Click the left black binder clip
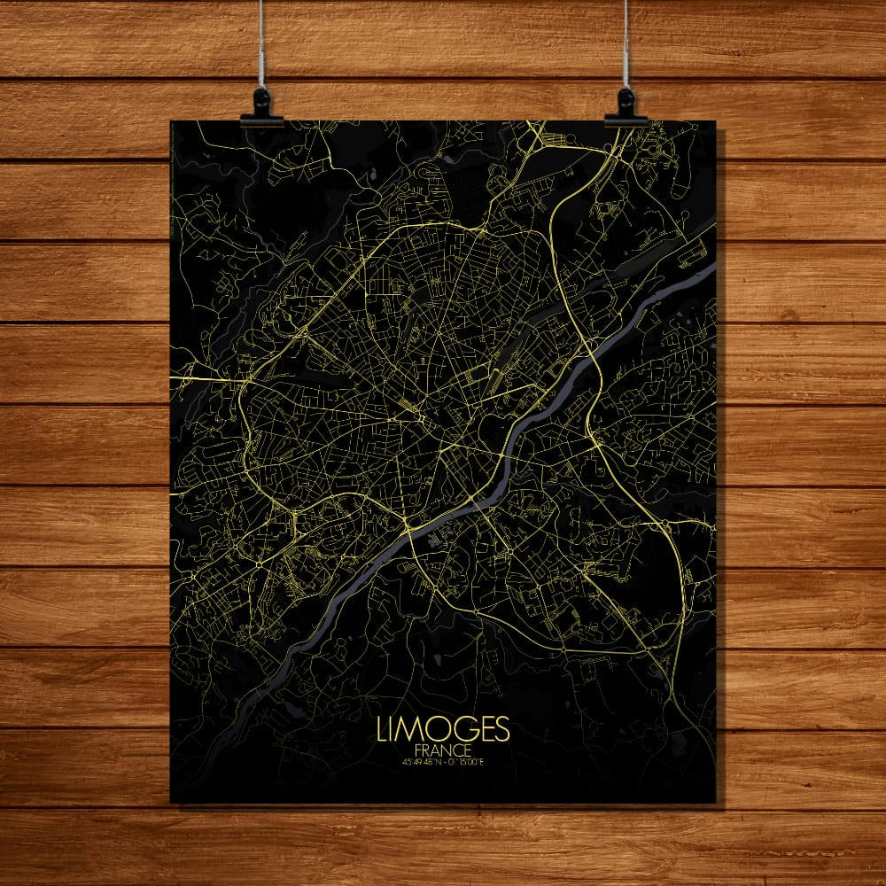[x=261, y=105]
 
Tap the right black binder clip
[x=626, y=105]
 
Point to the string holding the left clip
[x=262, y=44]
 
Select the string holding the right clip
[x=626, y=44]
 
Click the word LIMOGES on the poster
[x=443, y=729]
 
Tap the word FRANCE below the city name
[x=443, y=750]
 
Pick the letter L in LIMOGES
[x=382, y=729]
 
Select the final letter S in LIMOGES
[x=501, y=729]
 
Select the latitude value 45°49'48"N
[x=421, y=761]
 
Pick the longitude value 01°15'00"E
[x=466, y=761]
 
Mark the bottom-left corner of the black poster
[x=171, y=802]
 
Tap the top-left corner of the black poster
[x=171, y=122]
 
